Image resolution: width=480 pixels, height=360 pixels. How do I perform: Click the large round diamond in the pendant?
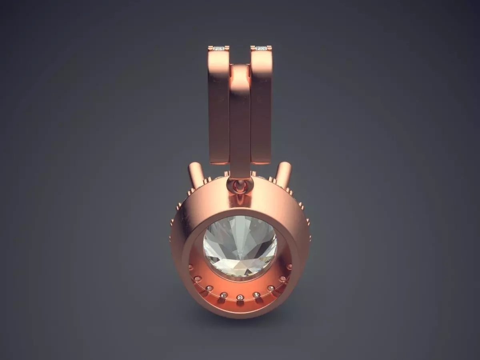coord(240,246)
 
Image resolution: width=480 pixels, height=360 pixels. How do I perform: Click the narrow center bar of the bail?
coord(240,120)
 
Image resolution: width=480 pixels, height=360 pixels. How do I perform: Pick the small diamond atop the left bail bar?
coord(219,48)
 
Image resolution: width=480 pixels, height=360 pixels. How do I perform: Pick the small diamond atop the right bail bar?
coord(261,48)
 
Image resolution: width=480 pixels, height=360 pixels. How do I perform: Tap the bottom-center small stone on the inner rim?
coord(240,297)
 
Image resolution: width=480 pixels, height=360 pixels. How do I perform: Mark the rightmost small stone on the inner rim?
coord(289,267)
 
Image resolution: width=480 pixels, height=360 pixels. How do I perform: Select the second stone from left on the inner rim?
coord(197,279)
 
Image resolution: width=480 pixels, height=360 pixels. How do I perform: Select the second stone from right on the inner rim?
coord(282,279)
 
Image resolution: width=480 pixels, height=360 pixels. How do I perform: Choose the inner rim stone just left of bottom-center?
coord(224,295)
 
